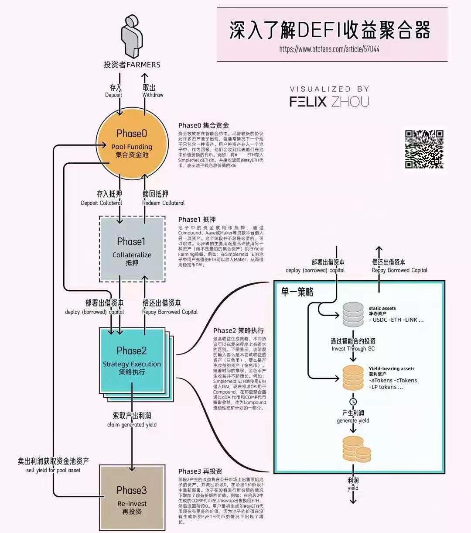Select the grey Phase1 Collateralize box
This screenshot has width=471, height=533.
[x=132, y=249]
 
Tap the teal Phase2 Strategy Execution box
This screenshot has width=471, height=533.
[x=132, y=360]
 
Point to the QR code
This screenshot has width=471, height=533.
[x=424, y=149]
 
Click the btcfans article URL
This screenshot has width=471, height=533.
[x=329, y=49]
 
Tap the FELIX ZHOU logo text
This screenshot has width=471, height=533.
[x=329, y=102]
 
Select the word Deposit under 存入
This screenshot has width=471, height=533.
[x=114, y=95]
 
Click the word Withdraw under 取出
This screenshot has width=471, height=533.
[x=153, y=95]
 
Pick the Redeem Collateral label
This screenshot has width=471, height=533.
[x=163, y=203]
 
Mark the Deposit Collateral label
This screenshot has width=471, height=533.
[x=102, y=203]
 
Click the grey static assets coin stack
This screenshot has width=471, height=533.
[x=353, y=314]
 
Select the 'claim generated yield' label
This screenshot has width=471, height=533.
[x=132, y=425]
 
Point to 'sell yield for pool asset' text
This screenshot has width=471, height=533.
[x=53, y=470]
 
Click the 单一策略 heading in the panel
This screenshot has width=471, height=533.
[x=297, y=292]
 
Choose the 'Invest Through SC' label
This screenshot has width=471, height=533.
[x=353, y=349]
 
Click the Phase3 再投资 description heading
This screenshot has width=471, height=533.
[x=200, y=471]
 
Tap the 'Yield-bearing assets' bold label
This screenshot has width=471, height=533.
[x=392, y=369]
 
